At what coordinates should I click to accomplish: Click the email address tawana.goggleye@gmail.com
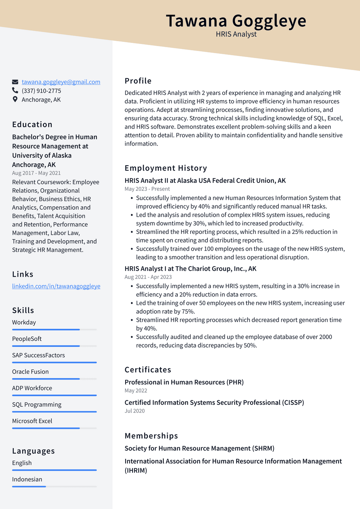point(61,82)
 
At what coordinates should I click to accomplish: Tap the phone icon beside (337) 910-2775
point(15,91)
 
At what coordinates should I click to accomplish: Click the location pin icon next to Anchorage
point(15,100)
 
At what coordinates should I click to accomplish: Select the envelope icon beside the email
point(15,82)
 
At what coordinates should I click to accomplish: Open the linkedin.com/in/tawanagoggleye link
point(56,286)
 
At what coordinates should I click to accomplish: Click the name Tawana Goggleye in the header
point(236,21)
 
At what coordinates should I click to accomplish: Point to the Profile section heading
point(138,81)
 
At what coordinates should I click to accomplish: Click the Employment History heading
point(166,168)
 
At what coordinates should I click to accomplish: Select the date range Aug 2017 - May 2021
point(36,173)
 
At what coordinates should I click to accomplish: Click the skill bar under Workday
point(54,330)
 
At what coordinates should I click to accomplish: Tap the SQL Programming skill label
point(37,405)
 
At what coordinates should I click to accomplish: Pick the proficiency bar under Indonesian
point(54,486)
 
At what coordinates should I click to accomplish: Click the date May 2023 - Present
point(147,189)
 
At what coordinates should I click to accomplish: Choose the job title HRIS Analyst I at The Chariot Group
point(190,269)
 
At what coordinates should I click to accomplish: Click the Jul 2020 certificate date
point(135,411)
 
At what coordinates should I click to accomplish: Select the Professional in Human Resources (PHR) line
point(184,382)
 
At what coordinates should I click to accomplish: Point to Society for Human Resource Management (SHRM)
point(199,448)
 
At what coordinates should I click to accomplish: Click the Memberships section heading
point(151,436)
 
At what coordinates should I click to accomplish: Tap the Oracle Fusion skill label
point(30,372)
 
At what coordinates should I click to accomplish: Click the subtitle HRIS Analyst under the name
point(236,34)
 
